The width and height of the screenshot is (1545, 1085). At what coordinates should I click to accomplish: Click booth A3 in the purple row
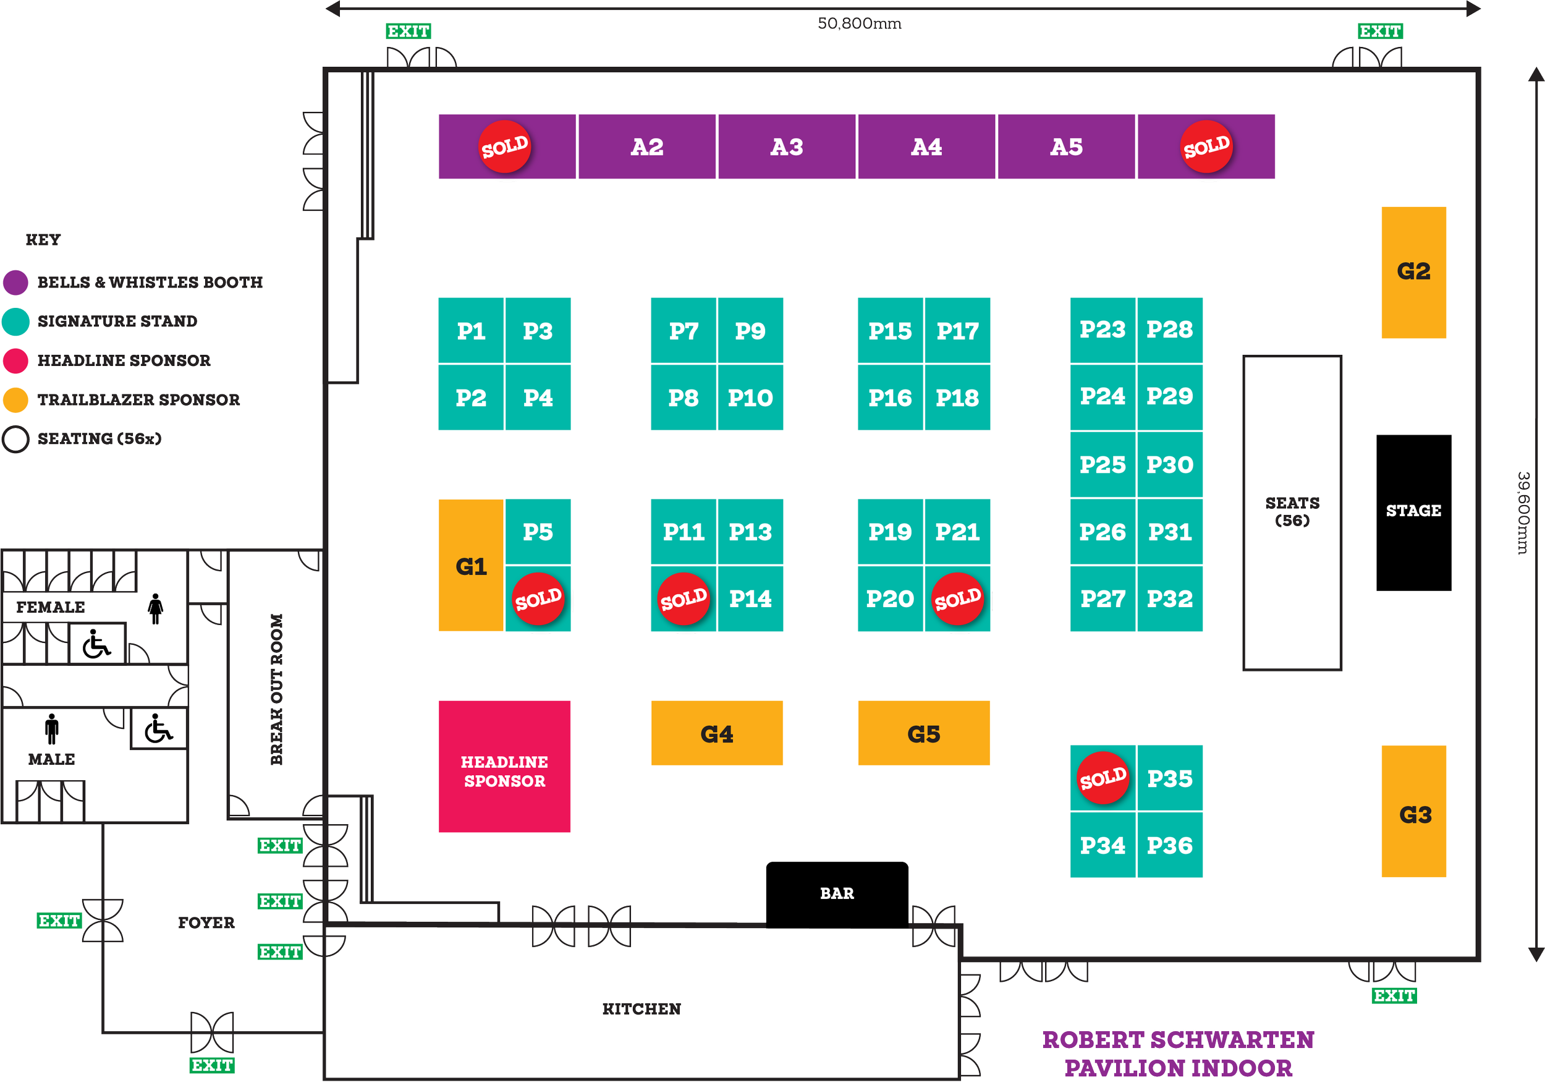(786, 147)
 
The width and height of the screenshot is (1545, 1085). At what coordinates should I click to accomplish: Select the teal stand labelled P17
(957, 331)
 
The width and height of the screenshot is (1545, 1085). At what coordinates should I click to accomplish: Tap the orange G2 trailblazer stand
(1413, 272)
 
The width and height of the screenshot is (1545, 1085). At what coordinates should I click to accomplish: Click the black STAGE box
(1413, 511)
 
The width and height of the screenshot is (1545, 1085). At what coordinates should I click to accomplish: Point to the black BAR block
(836, 893)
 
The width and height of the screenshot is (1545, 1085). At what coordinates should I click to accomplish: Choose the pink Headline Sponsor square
(504, 767)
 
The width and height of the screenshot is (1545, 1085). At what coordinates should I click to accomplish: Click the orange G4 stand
(717, 733)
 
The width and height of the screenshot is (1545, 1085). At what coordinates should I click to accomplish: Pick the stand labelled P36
(1169, 845)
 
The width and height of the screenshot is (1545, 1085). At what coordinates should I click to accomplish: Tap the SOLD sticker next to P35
(1103, 778)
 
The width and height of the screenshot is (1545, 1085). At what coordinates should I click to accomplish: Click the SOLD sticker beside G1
(538, 598)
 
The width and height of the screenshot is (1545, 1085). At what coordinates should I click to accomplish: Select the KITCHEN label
(641, 1008)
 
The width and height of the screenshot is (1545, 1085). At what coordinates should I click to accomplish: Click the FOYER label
(206, 923)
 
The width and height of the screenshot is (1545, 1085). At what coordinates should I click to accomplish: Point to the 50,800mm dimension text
(859, 23)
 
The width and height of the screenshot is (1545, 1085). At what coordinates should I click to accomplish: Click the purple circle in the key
(15, 282)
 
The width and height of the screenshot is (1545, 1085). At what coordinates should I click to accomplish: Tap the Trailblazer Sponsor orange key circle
(15, 400)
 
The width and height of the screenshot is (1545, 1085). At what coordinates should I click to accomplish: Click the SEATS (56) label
(1292, 511)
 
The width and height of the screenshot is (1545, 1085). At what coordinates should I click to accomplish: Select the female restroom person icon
(156, 608)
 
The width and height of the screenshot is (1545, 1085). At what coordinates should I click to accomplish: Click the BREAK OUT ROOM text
(277, 689)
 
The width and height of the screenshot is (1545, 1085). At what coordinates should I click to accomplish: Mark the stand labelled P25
(1103, 464)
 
